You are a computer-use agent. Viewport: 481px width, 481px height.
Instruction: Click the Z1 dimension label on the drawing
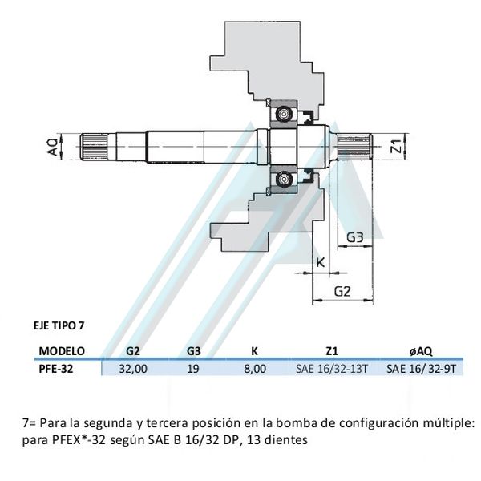click(x=394, y=147)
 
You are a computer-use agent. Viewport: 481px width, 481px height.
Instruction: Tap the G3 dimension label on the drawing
click(x=357, y=237)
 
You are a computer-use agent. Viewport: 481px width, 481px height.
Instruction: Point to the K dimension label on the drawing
click(x=321, y=263)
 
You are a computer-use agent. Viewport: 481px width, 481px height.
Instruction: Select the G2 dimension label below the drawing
click(x=343, y=291)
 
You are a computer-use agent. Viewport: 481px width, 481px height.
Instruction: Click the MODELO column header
click(x=62, y=350)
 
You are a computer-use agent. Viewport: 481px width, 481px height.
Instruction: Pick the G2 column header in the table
click(x=134, y=350)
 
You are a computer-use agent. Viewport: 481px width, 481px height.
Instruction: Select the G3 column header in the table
click(x=194, y=350)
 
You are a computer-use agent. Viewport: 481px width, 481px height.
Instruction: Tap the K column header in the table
click(x=253, y=350)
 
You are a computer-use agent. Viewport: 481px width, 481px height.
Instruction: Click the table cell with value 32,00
click(x=134, y=369)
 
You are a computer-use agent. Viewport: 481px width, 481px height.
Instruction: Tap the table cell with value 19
click(x=193, y=369)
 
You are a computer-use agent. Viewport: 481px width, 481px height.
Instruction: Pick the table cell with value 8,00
click(x=253, y=369)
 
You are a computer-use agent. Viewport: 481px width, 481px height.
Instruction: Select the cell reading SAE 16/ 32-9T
click(x=421, y=369)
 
